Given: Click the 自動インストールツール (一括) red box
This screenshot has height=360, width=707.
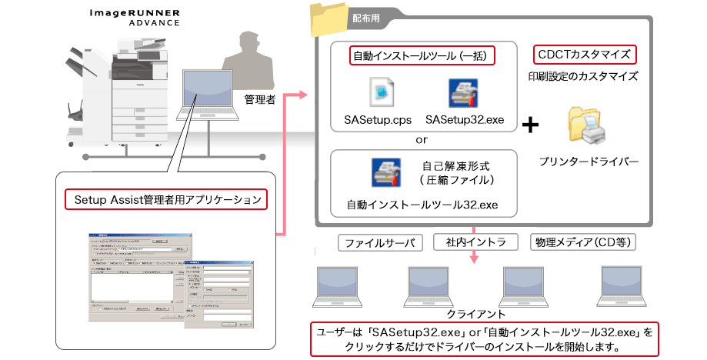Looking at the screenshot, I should tap(422, 55).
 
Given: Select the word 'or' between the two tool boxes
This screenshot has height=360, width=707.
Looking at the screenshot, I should tap(422, 140).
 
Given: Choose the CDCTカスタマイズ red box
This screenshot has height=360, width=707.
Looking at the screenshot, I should tap(585, 55).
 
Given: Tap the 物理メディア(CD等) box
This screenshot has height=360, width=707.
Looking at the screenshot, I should tap(582, 243).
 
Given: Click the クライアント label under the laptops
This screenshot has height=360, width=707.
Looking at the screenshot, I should tap(471, 315).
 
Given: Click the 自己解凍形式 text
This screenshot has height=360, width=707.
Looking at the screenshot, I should tap(456, 165).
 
